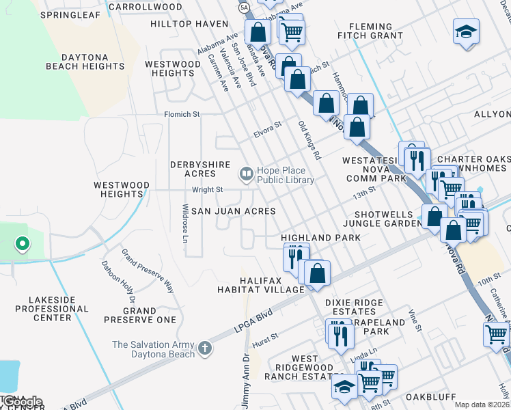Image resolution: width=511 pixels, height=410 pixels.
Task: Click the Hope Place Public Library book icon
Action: click(245, 174)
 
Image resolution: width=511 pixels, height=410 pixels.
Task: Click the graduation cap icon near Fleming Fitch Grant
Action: click(466, 31)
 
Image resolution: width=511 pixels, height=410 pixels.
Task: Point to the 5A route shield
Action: click(244, 7)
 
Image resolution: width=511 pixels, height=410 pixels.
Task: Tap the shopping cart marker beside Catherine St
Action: click(497, 333)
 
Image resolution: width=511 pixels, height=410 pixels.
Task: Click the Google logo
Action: click(22, 402)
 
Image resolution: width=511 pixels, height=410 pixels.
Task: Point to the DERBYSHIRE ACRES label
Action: click(200, 169)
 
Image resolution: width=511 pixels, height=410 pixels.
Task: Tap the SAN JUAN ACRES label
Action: click(233, 212)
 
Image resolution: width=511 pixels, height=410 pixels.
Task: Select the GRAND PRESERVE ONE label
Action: click(140, 315)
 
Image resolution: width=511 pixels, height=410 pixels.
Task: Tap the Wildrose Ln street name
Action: click(184, 223)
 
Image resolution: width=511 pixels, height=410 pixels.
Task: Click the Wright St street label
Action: click(207, 189)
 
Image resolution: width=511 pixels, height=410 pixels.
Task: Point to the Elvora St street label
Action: click(267, 128)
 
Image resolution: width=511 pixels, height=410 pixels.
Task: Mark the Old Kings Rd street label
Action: click(309, 140)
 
